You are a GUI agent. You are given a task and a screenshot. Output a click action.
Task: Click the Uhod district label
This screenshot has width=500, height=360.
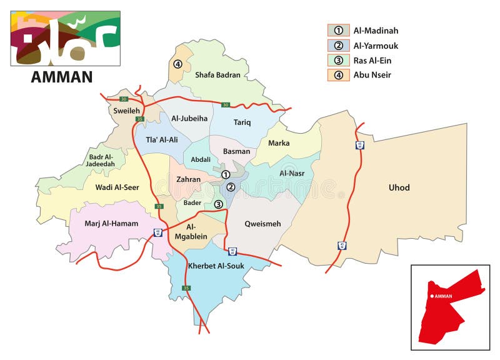click(399, 187)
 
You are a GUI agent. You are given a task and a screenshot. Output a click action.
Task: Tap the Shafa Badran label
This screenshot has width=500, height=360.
click(217, 75)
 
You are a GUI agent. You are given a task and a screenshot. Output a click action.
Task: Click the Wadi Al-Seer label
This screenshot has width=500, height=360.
click(117, 187)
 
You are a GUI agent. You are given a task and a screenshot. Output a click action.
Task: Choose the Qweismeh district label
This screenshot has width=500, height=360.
click(262, 224)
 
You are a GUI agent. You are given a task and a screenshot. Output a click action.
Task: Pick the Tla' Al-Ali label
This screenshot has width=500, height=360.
click(162, 140)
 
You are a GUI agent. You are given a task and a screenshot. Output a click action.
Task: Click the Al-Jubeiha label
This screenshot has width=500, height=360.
click(189, 118)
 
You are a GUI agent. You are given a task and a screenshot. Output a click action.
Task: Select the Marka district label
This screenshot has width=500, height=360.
click(279, 143)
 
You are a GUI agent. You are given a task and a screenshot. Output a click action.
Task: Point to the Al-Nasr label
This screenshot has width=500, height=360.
click(291, 173)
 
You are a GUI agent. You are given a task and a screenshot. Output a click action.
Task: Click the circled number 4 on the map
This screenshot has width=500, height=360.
click(177, 64)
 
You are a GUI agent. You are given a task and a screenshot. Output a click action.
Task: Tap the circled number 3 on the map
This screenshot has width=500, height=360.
click(218, 204)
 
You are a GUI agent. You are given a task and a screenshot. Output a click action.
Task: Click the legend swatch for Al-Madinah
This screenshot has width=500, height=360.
click(337, 30)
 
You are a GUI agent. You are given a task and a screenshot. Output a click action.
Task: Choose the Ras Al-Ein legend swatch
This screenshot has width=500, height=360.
click(337, 60)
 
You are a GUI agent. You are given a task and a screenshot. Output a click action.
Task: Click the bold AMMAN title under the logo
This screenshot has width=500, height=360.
click(62, 77)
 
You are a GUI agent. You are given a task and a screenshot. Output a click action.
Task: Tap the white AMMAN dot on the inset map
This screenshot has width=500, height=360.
click(431, 296)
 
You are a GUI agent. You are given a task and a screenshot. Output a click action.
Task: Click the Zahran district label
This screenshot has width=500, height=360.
click(189, 179)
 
